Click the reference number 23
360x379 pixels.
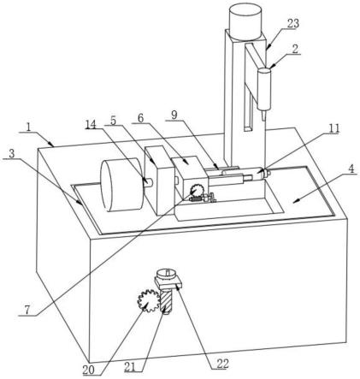pos(292,23)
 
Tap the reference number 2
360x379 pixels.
pos(295,49)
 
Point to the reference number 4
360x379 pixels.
pos(351,169)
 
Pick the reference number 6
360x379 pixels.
pos(140,119)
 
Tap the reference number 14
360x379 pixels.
pos(91,124)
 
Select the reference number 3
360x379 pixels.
pos(11,154)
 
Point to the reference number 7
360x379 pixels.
pos(27,310)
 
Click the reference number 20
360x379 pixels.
pos(88,370)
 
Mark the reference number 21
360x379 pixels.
pos(130,367)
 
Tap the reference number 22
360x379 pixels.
pos(223,364)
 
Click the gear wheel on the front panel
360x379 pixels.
pos(148,300)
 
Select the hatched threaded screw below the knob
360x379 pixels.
pos(167,300)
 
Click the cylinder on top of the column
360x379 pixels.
pos(245,21)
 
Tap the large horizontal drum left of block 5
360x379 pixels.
pos(122,186)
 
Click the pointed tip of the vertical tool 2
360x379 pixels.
pos(263,120)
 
